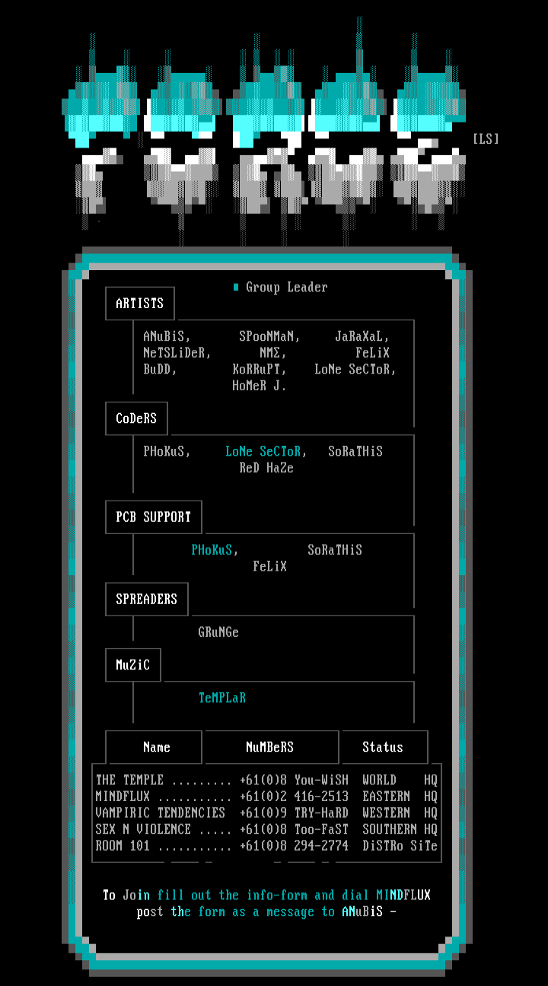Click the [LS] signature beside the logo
pos(486,138)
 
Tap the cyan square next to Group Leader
pos(236,287)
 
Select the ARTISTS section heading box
pos(140,304)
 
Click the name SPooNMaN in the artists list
pos(269,336)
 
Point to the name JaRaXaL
pos(362,336)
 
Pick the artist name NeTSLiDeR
pos(177,353)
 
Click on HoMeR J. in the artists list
pos(260,386)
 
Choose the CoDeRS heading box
pos(136,418)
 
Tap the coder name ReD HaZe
pos(266,468)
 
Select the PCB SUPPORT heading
pos(154,517)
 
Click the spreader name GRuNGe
pos(218,632)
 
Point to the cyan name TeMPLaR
pos(222,698)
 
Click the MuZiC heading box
pos(133,665)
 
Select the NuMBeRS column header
pos(270,747)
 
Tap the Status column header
pos(383,747)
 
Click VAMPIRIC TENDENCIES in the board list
pos(161,813)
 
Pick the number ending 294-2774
pos(321,846)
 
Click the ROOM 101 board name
pos(123,846)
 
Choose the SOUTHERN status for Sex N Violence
pos(390,829)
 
